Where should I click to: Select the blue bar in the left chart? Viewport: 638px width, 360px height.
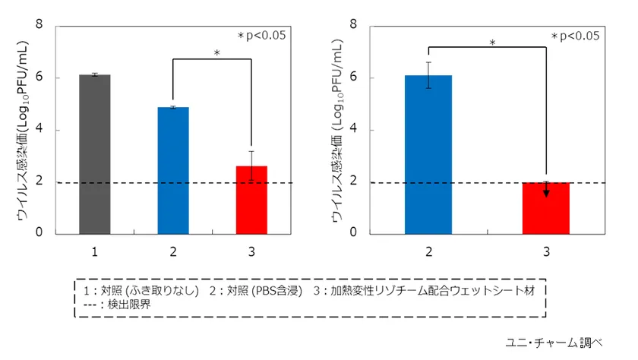[173, 170]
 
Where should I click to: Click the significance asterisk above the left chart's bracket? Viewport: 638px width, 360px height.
[216, 54]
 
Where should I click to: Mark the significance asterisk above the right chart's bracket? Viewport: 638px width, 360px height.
[492, 43]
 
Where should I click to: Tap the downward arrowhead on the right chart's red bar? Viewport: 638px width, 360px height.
[546, 192]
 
